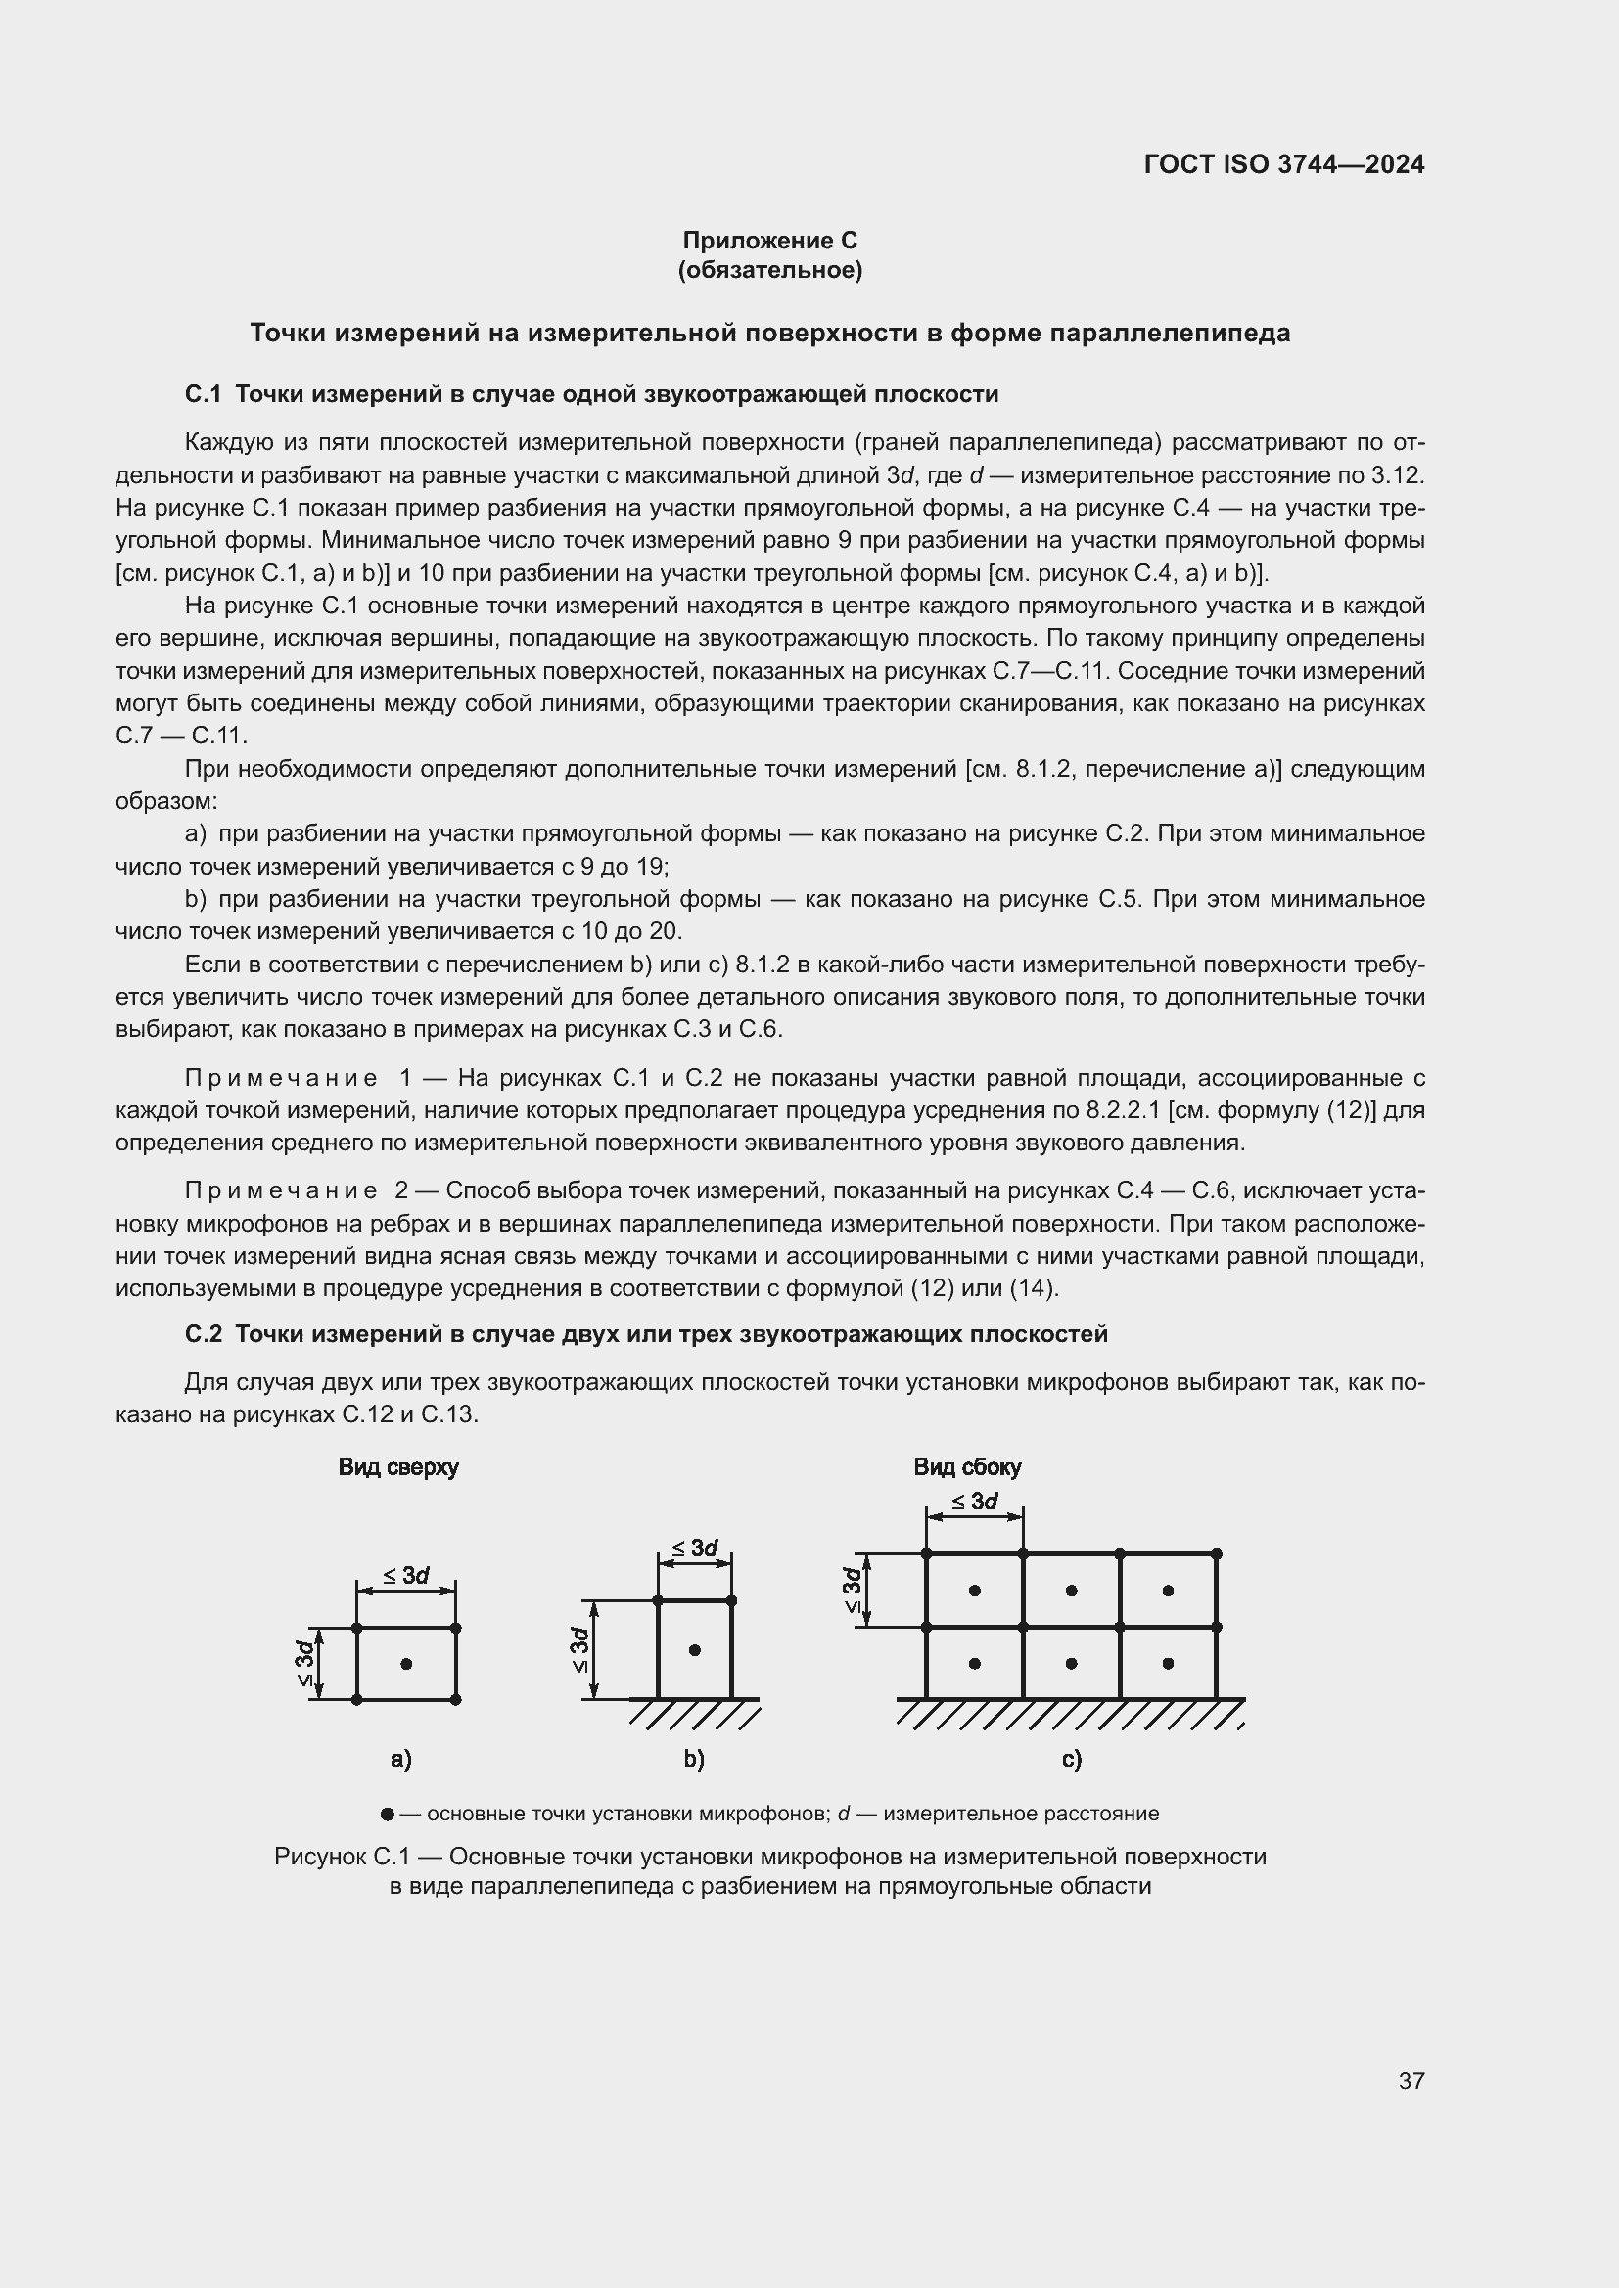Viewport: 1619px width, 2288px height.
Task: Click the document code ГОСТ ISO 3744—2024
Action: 1283,164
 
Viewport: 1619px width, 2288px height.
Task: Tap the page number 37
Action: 1411,2081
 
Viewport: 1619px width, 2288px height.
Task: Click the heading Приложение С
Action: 768,241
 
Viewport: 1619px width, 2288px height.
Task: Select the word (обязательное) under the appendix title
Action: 768,270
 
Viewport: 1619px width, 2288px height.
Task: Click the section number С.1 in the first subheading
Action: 203,394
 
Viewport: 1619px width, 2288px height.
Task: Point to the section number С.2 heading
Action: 203,1334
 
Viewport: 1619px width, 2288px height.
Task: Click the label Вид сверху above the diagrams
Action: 397,1467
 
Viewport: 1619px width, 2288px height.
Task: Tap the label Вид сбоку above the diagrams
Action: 967,1467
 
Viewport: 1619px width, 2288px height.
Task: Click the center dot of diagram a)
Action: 406,1663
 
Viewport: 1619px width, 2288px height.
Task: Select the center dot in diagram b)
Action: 695,1650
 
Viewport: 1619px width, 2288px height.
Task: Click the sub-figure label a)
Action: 400,1759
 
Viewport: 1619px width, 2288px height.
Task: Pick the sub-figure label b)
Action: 694,1759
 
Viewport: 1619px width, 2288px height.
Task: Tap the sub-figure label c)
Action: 1071,1759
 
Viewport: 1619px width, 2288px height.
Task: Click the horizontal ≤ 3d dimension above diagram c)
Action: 974,1502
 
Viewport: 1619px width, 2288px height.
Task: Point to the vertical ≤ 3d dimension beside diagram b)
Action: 579,1649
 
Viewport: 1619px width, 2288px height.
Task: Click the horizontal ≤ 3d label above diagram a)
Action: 406,1576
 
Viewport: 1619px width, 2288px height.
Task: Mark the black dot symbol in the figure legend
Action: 387,1814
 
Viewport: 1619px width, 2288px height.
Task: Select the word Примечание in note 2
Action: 281,1190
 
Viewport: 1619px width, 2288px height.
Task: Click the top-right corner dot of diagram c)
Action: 1217,1553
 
